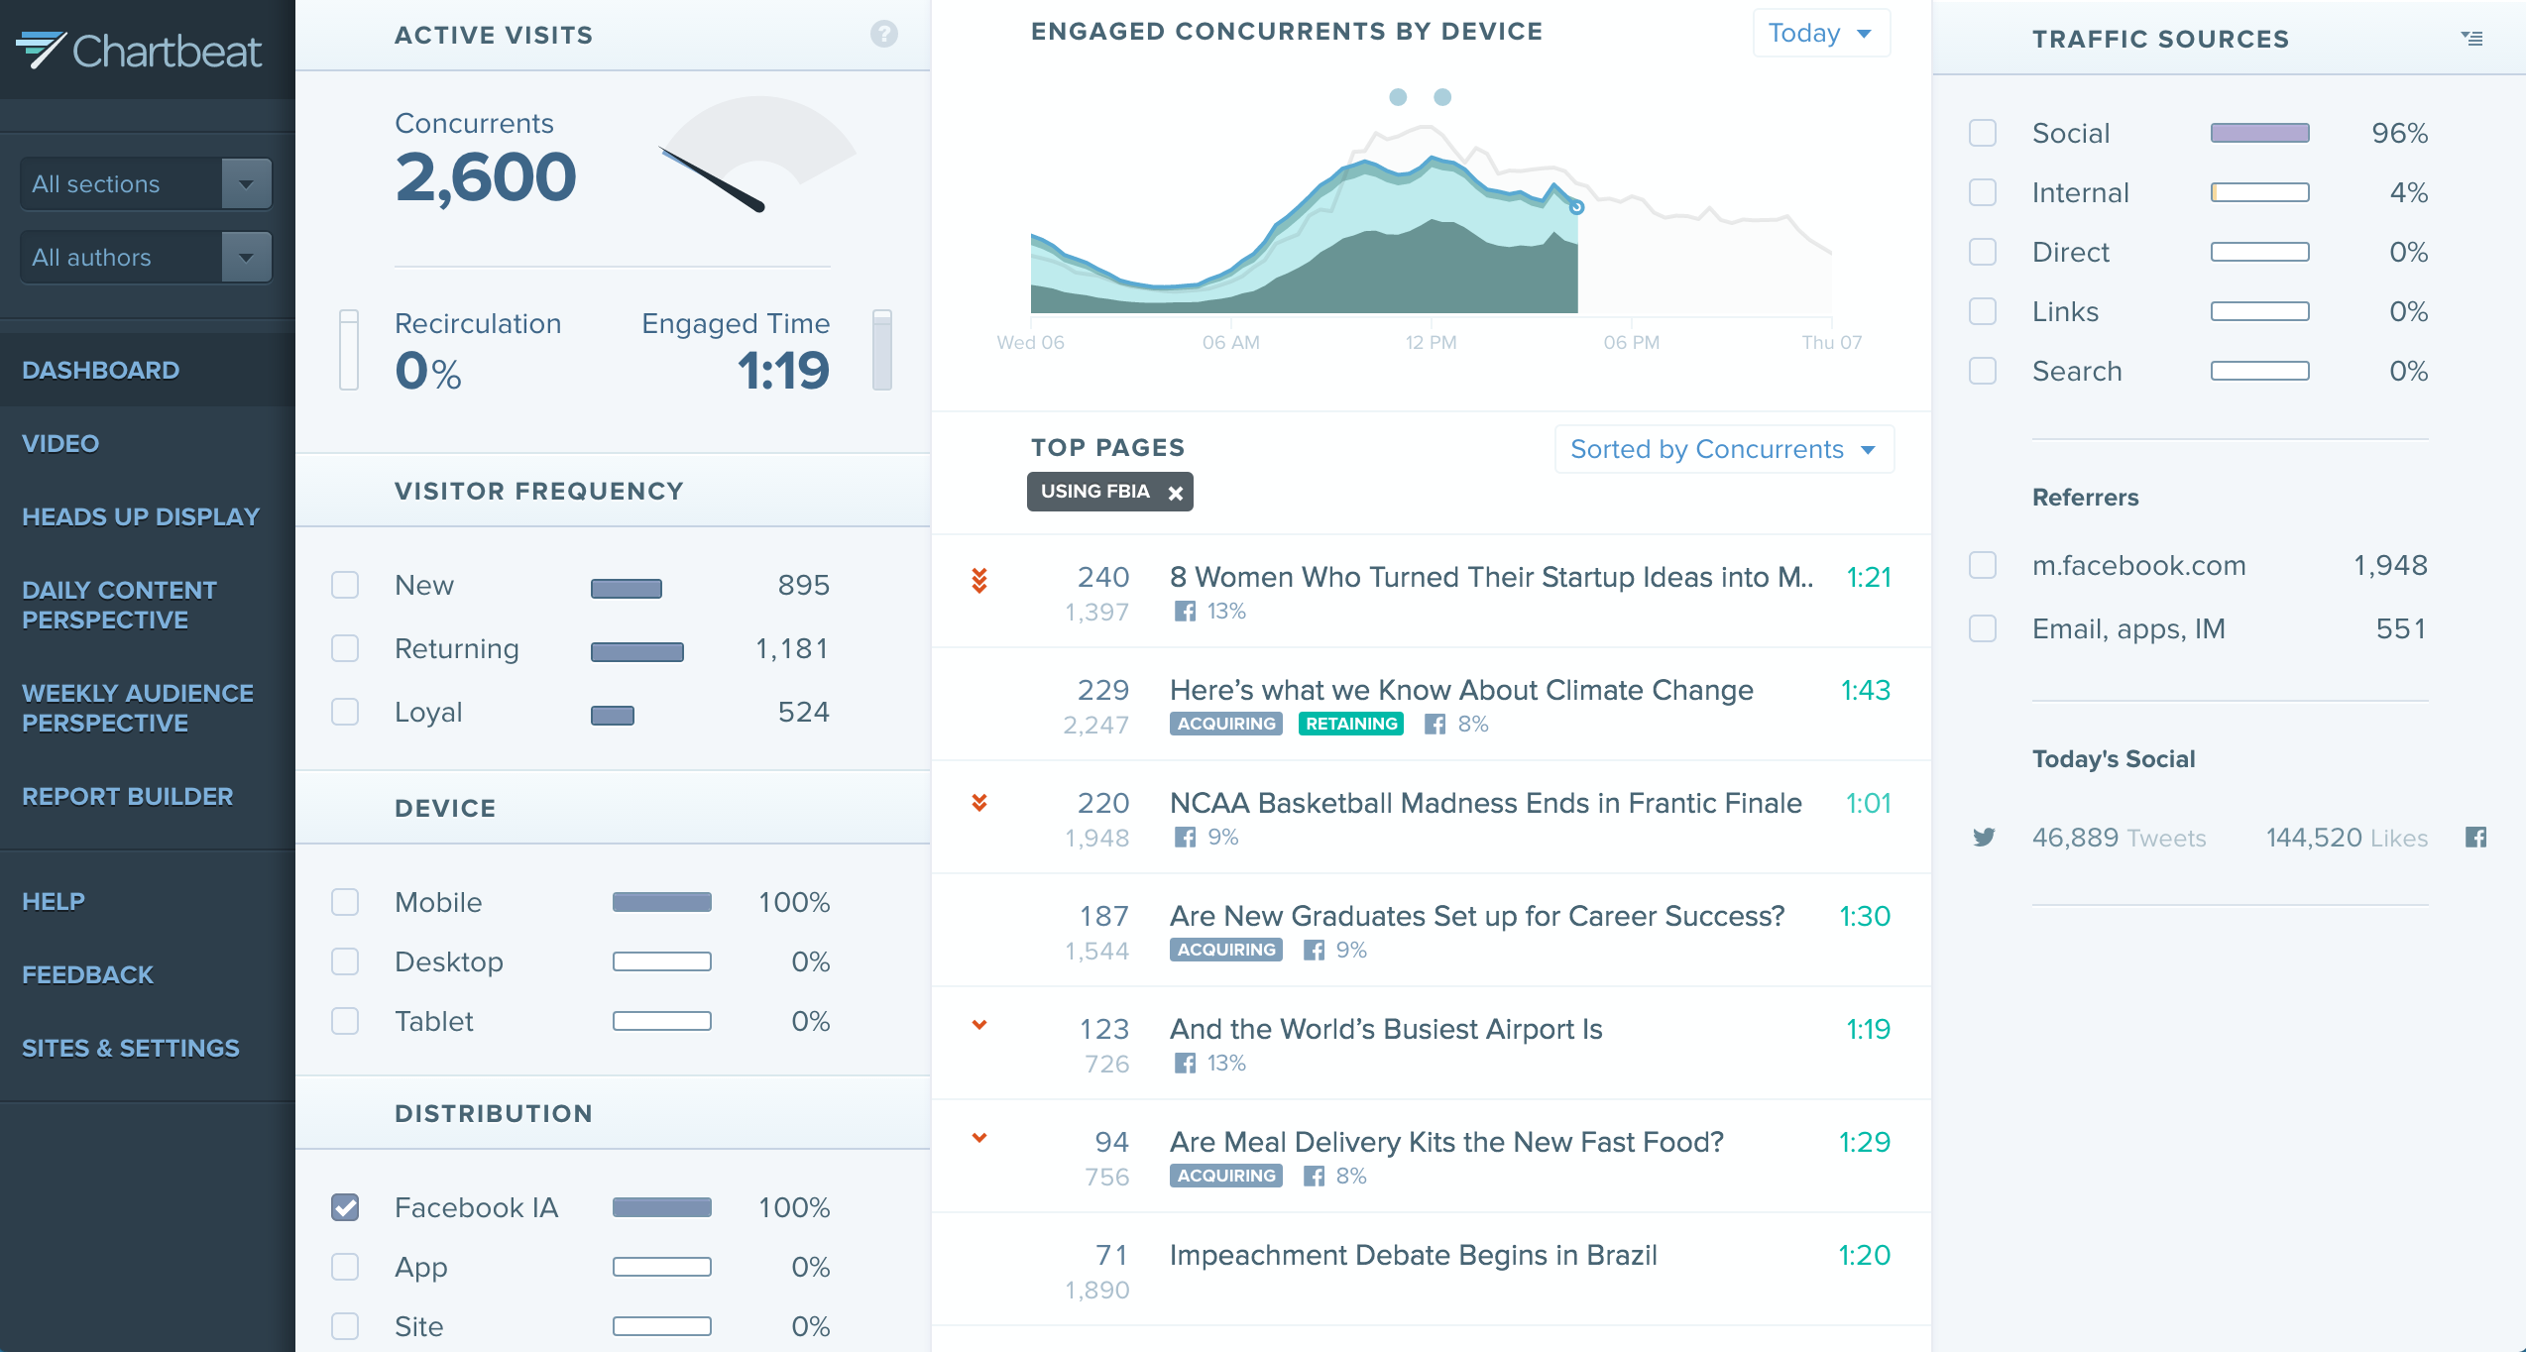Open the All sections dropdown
coord(146,183)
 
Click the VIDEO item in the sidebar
coord(60,443)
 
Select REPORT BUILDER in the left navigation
coord(127,796)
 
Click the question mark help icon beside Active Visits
coord(883,35)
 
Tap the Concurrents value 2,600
coord(485,177)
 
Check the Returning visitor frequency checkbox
coord(345,648)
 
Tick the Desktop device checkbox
coord(345,961)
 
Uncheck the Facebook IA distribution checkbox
coord(345,1207)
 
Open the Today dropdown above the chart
coord(1820,34)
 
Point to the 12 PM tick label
coord(1431,342)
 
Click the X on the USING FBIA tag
coord(1175,493)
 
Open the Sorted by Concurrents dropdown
coord(1723,449)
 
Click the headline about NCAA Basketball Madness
coord(1485,803)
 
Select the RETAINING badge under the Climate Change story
coord(1350,724)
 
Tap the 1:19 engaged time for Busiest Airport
coord(1868,1029)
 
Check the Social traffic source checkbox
coord(1983,133)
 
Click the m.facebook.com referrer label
coord(2138,565)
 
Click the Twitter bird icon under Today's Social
coord(1984,838)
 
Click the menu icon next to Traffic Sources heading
coord(2471,39)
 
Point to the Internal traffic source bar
coord(2259,192)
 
